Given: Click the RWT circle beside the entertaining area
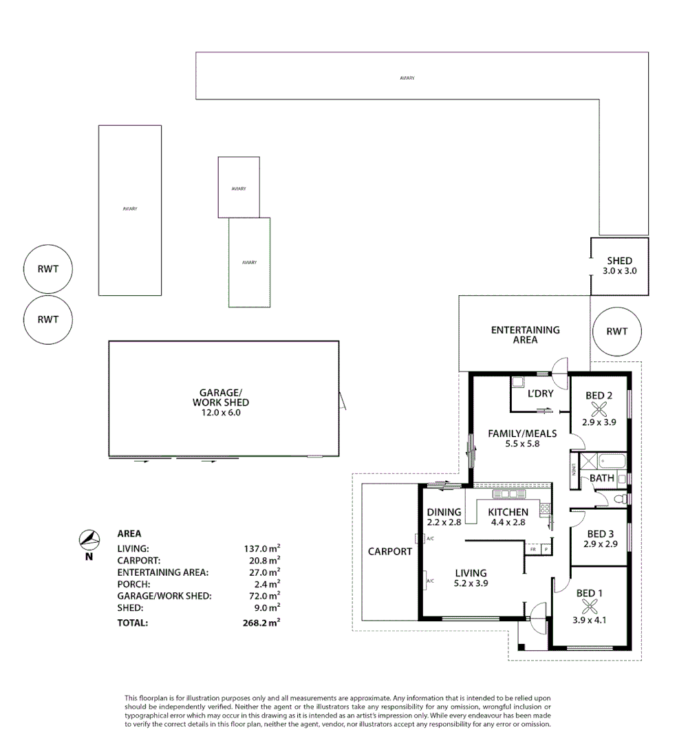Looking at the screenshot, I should coord(616,331).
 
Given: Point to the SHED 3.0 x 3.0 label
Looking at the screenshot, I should coord(619,266).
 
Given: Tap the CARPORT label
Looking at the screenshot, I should coord(389,551).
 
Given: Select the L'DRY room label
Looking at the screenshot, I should coord(540,394).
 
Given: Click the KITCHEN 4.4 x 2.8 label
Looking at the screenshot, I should coord(508,517).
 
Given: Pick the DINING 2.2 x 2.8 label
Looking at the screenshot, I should coord(444,517).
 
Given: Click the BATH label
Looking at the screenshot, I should coord(602,477).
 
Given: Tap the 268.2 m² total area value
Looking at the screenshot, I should coord(258,623).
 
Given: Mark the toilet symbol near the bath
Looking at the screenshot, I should coord(619,498).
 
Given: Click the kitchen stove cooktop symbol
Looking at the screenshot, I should coord(545,509).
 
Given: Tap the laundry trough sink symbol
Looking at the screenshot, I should coord(517,381).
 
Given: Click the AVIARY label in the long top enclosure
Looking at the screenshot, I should coord(407,78).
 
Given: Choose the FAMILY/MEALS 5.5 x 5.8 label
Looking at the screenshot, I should coord(522,438).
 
